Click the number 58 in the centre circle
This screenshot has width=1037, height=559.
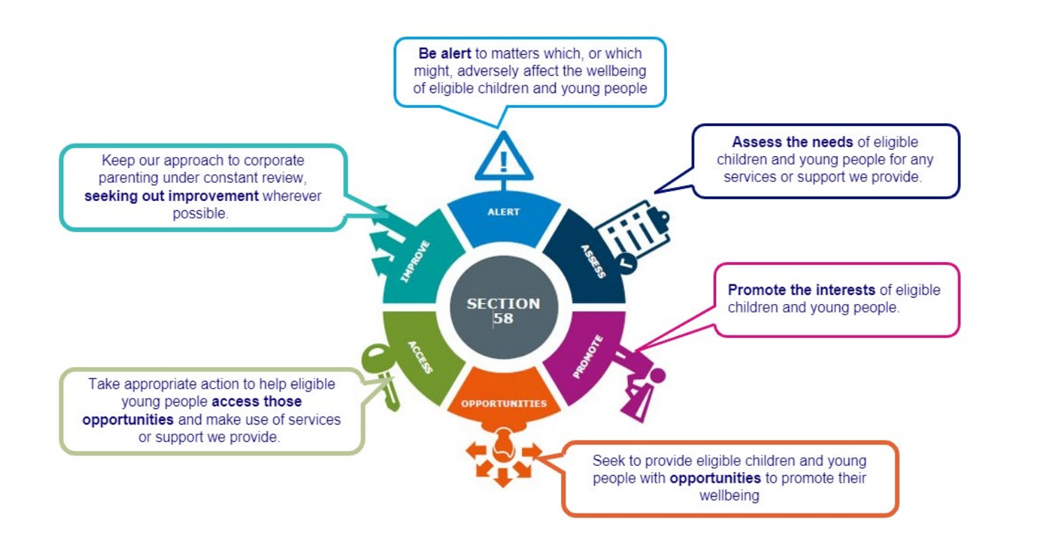pos(503,319)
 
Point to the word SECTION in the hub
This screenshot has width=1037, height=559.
pos(503,304)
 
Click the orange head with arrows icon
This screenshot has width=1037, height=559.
pos(502,455)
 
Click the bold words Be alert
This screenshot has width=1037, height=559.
pos(444,53)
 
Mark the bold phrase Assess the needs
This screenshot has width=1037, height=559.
pos(792,142)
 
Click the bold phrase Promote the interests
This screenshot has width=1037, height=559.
pos(802,290)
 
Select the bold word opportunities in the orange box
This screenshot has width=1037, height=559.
pos(715,479)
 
